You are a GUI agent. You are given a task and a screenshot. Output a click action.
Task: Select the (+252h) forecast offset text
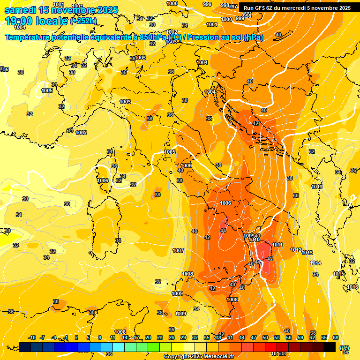tap(83, 21)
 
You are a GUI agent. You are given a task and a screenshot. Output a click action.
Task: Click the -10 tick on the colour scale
tap(32, 337)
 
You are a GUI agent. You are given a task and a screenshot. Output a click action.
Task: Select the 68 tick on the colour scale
tap(336, 337)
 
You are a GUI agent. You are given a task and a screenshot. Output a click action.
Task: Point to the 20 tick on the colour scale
tap(148, 337)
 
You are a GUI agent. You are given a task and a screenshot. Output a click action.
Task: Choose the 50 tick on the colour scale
tap(265, 337)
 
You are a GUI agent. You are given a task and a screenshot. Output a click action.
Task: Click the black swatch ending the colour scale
tap(330, 347)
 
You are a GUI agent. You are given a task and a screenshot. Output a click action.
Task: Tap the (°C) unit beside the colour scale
tap(345, 347)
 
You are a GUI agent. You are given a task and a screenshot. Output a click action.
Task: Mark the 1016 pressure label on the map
tap(352, 287)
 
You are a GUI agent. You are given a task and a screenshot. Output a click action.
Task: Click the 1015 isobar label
tap(338, 274)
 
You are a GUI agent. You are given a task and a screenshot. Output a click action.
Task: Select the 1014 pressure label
tap(315, 263)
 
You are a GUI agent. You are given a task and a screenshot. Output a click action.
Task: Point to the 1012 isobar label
tap(296, 250)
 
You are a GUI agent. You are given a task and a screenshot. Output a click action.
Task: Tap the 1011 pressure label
tap(277, 245)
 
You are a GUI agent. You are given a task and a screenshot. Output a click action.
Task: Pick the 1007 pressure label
tap(178, 251)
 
